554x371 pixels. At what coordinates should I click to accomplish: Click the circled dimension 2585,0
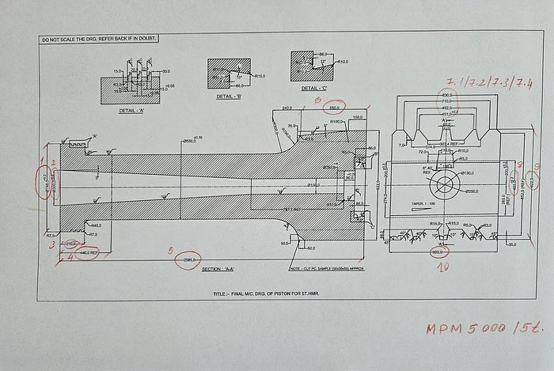coord(190,259)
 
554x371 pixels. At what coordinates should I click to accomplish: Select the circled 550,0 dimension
coord(335,108)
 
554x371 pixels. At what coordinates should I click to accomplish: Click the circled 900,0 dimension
coord(437,252)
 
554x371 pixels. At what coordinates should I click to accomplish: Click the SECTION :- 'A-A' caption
coord(217,269)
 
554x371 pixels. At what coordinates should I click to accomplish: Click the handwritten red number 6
coord(317,100)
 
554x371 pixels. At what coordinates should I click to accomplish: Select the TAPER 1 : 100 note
coord(423,204)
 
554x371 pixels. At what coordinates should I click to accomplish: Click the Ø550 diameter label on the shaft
coord(190,141)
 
